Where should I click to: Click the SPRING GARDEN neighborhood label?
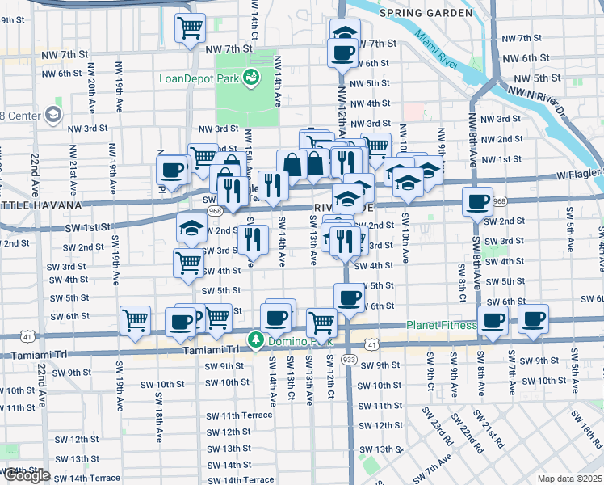coord(425,13)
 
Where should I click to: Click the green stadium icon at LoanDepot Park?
coord(252,78)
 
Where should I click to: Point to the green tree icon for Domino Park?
coord(256,339)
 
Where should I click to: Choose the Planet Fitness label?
coord(440,326)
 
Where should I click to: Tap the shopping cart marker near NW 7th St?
coord(191,28)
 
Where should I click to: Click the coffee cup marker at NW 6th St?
coord(342,53)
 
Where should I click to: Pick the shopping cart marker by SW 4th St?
coord(189,262)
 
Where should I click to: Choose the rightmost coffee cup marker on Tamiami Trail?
coord(534,318)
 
